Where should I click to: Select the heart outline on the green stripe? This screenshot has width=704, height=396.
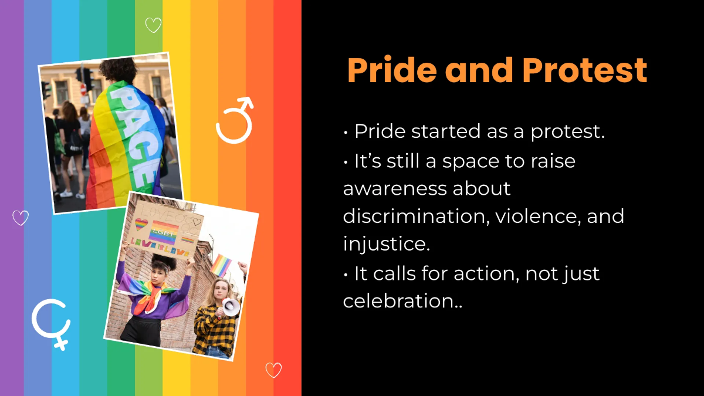153,25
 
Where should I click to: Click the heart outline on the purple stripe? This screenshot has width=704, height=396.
21,218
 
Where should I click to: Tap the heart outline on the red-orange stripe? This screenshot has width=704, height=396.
273,370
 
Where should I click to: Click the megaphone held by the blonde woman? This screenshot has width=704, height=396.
229,306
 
